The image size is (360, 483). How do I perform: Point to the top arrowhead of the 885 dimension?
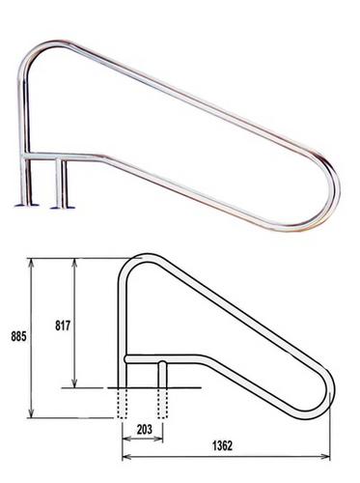pyautogui.click(x=35, y=261)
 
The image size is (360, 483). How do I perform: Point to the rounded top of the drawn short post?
pyautogui.click(x=164, y=364)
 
